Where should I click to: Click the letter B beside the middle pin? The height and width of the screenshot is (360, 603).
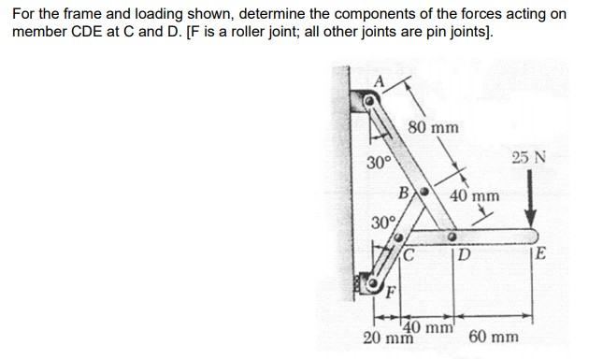pos(404,194)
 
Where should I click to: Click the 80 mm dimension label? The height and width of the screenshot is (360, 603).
pos(434,126)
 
